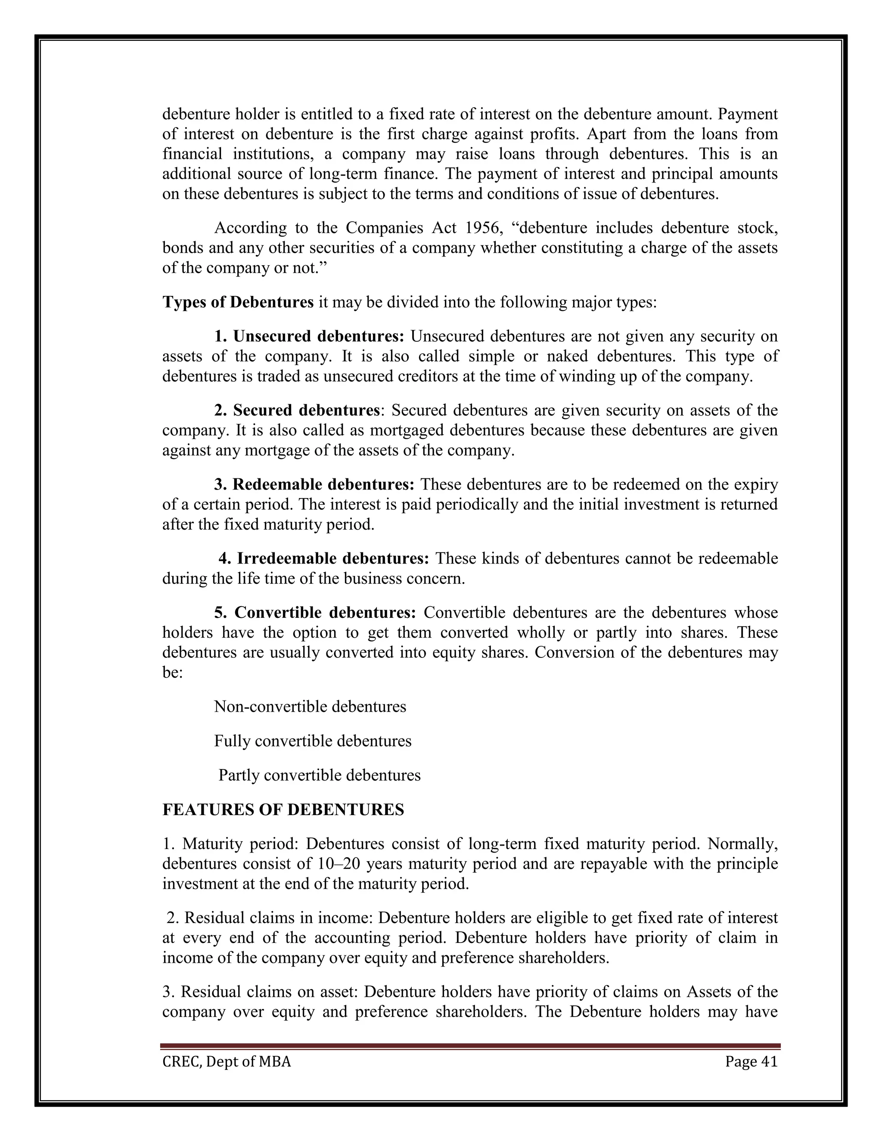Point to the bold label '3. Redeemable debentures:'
(314, 485)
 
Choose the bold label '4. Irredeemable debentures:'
(323, 559)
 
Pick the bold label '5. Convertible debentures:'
(315, 612)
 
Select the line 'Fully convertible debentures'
(313, 741)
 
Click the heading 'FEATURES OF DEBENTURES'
(283, 810)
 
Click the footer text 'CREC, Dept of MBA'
(227, 1062)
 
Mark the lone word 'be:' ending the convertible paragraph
(172, 673)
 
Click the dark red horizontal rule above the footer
(470, 1046)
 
